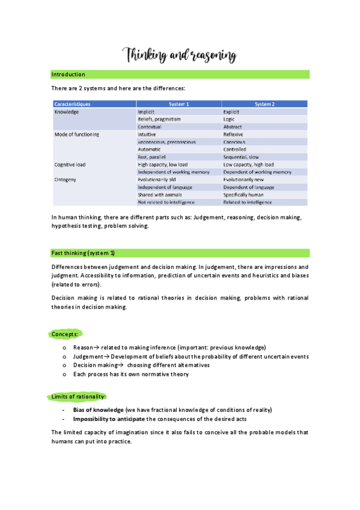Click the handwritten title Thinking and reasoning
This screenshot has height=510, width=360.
point(180,56)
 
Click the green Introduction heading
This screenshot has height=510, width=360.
point(68,75)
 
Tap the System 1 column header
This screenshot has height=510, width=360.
point(179,104)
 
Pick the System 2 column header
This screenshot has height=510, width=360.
point(264,104)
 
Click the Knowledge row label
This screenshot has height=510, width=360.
point(67,112)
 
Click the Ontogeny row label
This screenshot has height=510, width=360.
point(66,179)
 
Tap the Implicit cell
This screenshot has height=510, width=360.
point(147,112)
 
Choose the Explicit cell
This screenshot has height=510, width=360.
point(231,112)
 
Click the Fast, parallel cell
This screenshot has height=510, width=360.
point(154,157)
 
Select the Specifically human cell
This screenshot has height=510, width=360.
point(245,194)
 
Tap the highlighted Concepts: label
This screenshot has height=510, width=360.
point(64,334)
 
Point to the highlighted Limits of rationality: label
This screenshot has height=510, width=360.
point(77,396)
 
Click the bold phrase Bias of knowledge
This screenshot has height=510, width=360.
point(99,410)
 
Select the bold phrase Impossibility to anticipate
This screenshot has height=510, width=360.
point(109,419)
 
